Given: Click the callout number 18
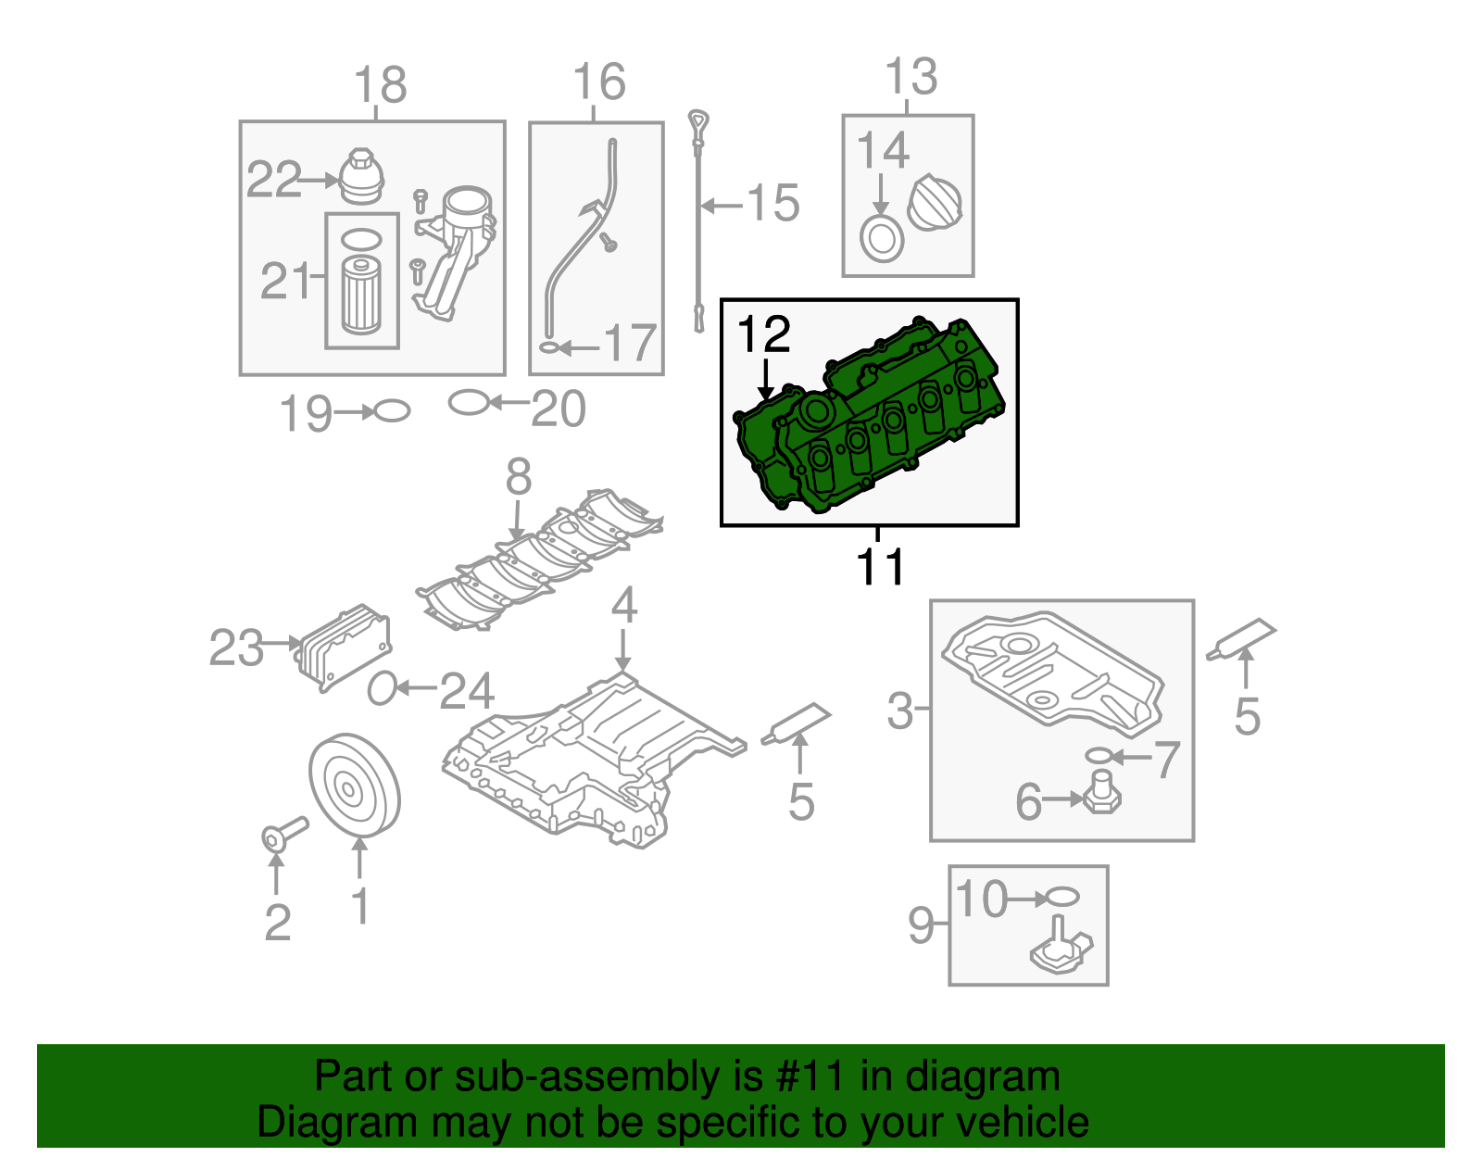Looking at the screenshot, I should point(381,85).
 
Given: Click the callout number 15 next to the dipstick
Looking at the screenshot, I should point(773,203).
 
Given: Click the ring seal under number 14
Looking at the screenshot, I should point(881,239).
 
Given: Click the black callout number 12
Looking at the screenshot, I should point(764,334).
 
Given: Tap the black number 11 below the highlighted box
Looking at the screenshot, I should point(879,566).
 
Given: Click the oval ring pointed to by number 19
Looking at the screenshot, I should point(392,410).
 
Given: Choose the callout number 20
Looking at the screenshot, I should point(559,409).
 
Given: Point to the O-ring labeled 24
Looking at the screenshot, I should point(382,688).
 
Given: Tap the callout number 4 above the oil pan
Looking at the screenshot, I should point(624,606).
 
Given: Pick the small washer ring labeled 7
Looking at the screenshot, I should point(1098,756).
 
